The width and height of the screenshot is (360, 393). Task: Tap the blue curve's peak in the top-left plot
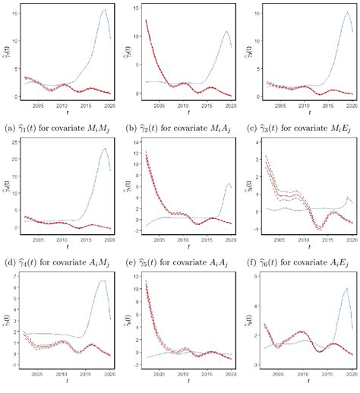105,10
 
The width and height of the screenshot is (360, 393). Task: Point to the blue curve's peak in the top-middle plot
226,31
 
